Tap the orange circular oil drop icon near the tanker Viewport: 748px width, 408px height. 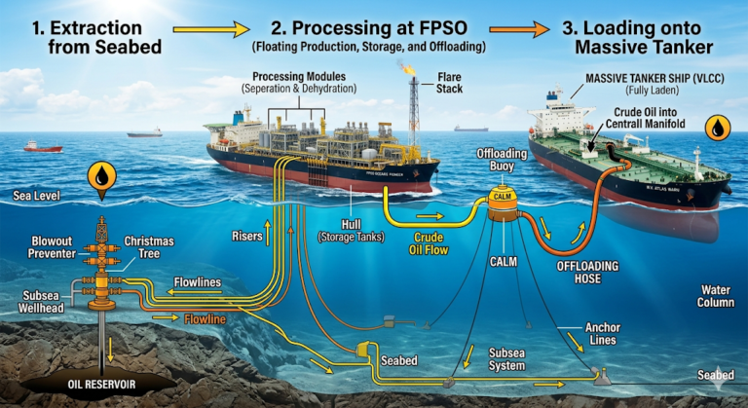tap(718, 129)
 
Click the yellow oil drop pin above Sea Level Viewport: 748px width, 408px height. tap(102, 176)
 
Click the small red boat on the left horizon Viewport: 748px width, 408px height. tap(43, 147)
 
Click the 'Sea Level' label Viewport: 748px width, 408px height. tap(36, 197)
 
